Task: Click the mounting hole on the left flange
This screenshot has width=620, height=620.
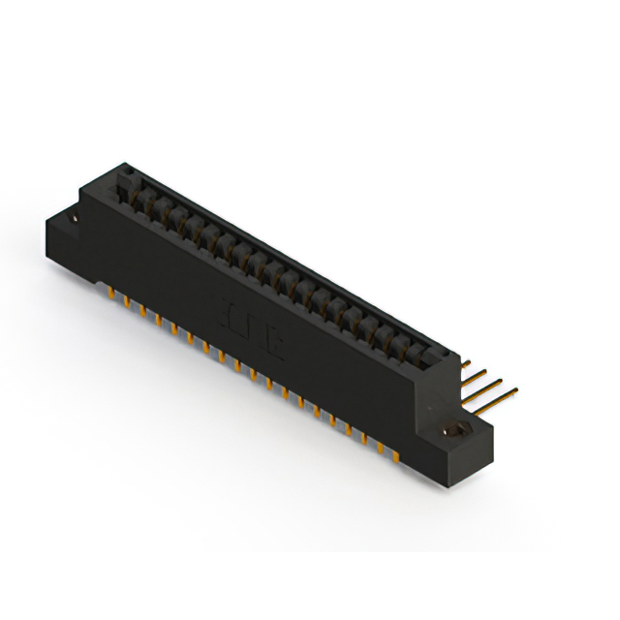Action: pyautogui.click(x=74, y=221)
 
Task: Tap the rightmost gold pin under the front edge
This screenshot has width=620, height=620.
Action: pyautogui.click(x=395, y=452)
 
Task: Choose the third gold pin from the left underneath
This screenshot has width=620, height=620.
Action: pyautogui.click(x=143, y=311)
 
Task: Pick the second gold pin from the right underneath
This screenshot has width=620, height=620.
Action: pyautogui.click(x=380, y=444)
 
